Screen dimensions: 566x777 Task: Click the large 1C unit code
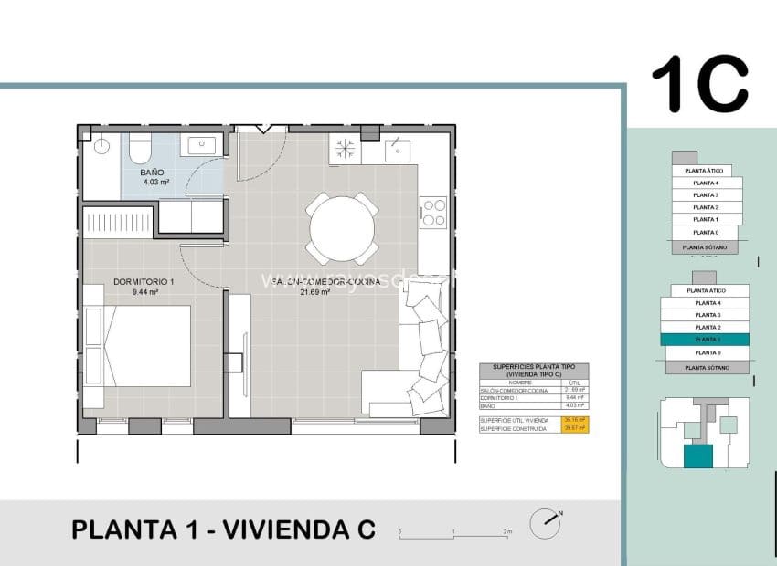pos(699,84)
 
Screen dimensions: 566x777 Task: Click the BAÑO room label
pos(152,172)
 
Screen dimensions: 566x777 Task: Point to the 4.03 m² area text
pos(156,183)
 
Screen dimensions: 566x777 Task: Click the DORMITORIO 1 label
pos(144,282)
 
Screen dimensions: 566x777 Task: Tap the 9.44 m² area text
pos(145,293)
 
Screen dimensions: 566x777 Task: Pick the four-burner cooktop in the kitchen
pos(432,212)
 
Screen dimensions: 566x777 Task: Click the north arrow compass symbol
pos(549,518)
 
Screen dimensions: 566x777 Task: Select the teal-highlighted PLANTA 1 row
pos(705,339)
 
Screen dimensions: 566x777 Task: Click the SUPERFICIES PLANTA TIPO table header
pos(534,370)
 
